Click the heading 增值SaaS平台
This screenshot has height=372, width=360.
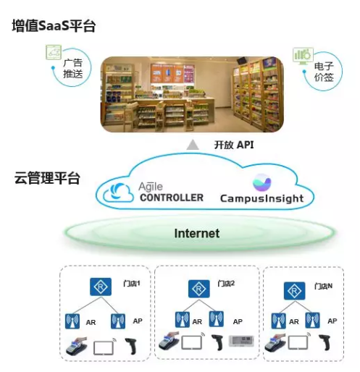54,25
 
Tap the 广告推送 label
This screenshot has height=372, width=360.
73,69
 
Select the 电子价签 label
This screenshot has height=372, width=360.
324,72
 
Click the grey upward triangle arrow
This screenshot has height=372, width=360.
193,145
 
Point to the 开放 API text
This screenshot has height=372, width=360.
234,145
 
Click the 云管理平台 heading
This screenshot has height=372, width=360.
47,178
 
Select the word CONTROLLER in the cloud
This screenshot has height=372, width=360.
172,198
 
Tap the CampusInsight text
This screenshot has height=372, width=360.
261,198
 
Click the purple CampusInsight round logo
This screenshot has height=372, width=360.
262,182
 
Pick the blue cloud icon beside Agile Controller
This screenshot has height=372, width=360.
118,193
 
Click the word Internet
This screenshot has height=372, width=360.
197,233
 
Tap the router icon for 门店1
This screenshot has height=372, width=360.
101,287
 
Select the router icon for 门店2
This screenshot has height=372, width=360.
199,289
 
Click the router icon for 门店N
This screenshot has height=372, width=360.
294,291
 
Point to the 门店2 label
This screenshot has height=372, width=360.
226,283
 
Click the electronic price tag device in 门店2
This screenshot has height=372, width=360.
241,341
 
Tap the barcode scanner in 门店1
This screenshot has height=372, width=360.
131,346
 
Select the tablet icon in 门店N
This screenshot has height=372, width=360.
298,342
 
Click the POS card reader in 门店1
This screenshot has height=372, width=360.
76,346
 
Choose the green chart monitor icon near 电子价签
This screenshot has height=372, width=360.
303,56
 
